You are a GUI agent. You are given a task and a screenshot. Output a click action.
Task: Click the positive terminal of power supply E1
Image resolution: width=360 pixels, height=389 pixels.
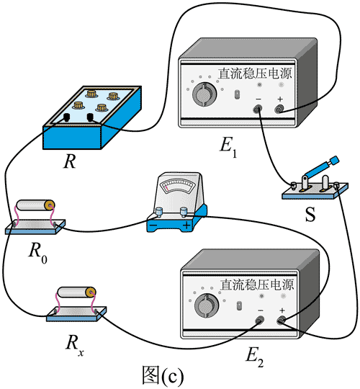tap(279, 109)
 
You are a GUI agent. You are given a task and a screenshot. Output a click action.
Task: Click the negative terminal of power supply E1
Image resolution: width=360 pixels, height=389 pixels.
tap(258, 109)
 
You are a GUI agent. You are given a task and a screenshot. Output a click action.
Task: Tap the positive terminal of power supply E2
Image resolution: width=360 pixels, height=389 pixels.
tap(282, 321)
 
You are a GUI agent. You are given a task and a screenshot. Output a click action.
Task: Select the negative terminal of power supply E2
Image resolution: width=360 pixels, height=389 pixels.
tap(260, 321)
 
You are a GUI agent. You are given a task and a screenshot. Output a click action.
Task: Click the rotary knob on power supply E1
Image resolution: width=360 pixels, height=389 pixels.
tap(204, 94)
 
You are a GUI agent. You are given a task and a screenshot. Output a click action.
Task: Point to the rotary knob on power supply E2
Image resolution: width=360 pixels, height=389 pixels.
tap(207, 305)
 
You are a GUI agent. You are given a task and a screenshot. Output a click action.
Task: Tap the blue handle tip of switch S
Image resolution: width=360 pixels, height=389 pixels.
tap(335, 160)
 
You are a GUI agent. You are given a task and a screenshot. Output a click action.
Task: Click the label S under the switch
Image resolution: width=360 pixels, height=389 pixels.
tap(310, 214)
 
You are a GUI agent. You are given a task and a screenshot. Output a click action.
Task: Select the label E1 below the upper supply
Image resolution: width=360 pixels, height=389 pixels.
tap(228, 146)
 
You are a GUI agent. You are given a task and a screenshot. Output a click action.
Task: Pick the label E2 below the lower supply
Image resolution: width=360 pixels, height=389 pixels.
tap(255, 357)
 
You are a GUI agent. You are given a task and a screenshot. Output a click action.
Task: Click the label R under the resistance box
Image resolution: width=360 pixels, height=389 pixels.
tap(70, 162)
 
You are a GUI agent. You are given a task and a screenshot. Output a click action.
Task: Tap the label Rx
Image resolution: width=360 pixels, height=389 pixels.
tap(74, 345)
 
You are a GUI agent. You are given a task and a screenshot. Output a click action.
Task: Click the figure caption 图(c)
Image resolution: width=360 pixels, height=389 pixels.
tap(163, 376)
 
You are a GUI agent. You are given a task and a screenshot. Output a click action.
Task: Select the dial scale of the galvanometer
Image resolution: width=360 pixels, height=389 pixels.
tap(178, 186)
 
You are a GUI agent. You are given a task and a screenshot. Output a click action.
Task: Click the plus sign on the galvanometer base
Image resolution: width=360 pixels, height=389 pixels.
tap(186, 225)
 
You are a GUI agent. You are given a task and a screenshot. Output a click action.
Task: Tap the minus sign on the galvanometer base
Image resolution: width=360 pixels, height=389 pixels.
tap(153, 225)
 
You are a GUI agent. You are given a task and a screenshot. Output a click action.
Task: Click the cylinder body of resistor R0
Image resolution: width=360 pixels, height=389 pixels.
tap(35, 205)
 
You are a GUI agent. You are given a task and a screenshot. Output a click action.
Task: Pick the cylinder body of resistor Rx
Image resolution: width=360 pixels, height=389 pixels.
tap(76, 292)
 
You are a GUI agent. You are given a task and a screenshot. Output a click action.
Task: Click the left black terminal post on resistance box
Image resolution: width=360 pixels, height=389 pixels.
tap(66, 117)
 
